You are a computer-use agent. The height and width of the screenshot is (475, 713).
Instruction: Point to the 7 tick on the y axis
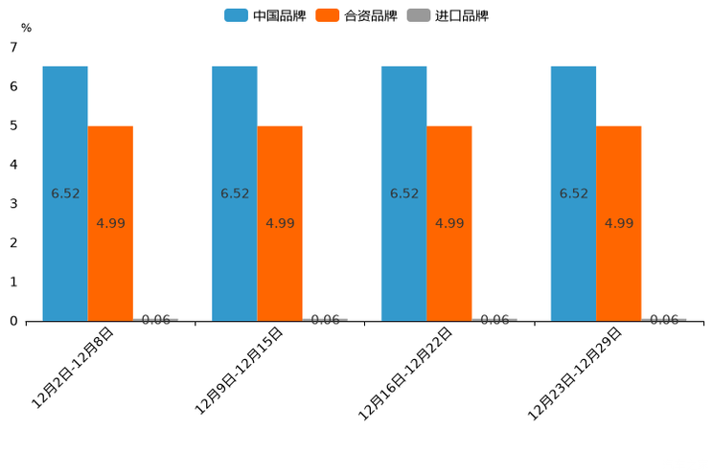click(13, 47)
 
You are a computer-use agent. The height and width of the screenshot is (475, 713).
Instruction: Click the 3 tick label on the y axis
click(13, 204)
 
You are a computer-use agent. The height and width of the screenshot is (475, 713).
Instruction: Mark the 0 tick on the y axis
click(13, 322)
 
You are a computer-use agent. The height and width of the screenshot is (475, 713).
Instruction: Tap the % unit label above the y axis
click(26, 28)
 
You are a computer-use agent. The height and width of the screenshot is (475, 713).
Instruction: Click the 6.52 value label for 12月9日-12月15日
click(235, 193)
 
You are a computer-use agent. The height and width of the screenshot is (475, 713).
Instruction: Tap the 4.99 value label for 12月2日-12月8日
click(110, 223)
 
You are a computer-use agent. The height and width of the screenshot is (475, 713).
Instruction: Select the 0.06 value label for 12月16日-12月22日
click(494, 320)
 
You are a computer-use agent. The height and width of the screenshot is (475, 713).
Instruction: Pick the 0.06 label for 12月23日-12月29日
click(664, 320)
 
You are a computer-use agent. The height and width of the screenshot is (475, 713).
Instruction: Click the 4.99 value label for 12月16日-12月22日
click(449, 223)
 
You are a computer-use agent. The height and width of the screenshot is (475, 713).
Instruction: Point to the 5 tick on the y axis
click(13, 125)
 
